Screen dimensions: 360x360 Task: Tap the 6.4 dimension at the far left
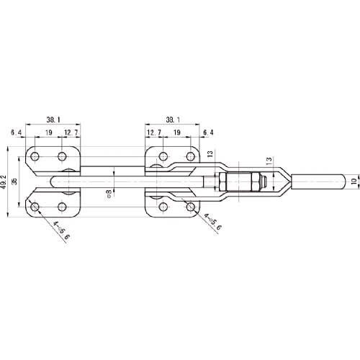16,133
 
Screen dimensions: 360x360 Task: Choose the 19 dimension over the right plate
177,133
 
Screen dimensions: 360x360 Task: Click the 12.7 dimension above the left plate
69,133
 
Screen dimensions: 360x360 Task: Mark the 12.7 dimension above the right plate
153,133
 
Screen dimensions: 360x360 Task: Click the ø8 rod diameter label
108,192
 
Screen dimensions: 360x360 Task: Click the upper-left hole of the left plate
35,156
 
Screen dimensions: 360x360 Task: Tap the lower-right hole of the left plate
63,208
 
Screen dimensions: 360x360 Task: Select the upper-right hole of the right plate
191,156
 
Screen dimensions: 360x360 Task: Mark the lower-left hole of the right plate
163,208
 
